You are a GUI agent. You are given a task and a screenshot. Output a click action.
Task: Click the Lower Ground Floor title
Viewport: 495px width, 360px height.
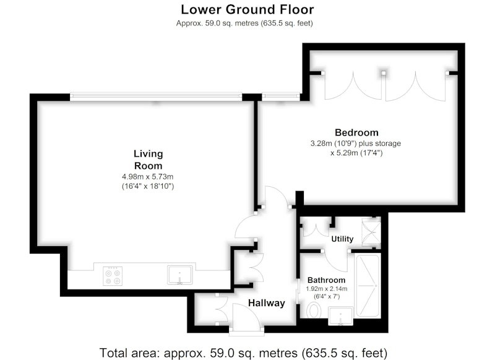click(x=247, y=9)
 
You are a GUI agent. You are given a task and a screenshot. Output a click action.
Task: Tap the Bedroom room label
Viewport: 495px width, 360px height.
click(x=356, y=132)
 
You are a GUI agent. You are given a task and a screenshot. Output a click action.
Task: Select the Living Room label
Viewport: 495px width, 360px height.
click(x=148, y=160)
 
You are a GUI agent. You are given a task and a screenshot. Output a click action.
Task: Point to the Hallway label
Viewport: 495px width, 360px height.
click(x=267, y=303)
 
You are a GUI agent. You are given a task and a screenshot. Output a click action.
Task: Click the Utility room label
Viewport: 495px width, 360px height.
click(x=342, y=239)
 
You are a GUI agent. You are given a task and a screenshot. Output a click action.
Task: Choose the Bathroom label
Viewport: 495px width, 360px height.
click(x=327, y=280)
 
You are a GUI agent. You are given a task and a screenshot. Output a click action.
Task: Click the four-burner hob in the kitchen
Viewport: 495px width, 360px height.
click(x=113, y=276)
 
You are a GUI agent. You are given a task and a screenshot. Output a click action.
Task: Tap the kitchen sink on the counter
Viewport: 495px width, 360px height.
click(x=179, y=275)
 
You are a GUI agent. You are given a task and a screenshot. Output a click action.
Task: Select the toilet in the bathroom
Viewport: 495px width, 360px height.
click(x=314, y=311)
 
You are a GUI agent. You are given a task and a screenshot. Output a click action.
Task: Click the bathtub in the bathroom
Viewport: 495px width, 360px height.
click(x=367, y=286)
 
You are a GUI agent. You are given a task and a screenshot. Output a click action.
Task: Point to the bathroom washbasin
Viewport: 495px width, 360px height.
click(x=341, y=316)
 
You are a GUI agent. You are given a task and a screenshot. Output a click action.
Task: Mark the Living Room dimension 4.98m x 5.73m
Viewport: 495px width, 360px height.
click(x=148, y=177)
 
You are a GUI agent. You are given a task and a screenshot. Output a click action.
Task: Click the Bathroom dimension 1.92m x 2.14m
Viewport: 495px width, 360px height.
click(x=327, y=289)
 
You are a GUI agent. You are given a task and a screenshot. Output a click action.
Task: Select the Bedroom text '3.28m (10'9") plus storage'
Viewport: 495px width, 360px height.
click(x=356, y=144)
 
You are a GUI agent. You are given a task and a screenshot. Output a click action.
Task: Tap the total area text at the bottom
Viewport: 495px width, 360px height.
click(x=243, y=353)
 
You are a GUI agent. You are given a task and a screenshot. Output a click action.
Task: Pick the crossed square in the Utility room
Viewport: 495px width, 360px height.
click(x=371, y=233)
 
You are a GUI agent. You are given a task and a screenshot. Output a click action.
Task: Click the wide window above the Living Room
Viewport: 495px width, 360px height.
click(x=156, y=96)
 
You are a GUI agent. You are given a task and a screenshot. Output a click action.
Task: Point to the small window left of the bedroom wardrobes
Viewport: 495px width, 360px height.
click(x=281, y=96)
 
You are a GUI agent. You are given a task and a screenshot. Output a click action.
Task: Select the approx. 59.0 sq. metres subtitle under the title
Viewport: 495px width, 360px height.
click(x=244, y=24)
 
